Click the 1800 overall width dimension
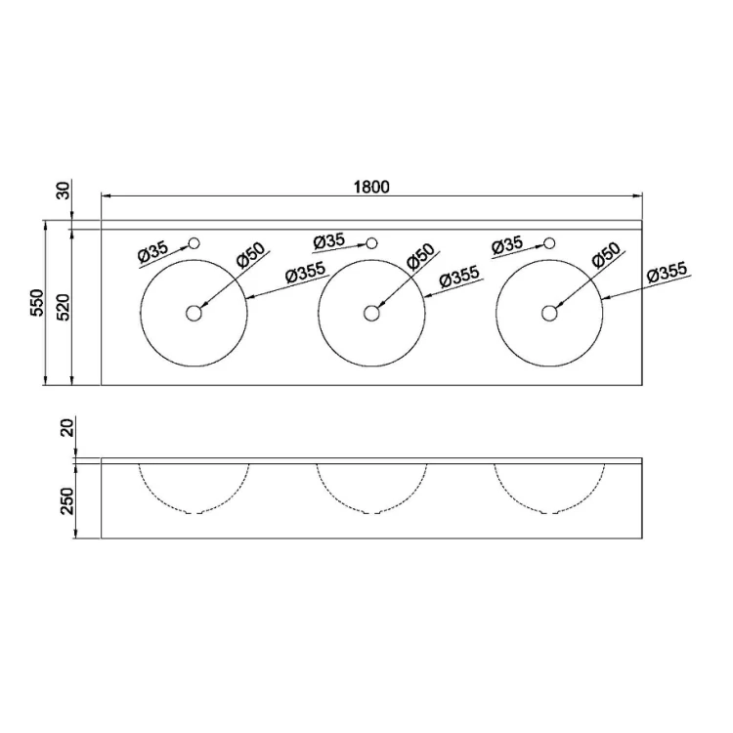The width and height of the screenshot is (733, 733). [371, 187]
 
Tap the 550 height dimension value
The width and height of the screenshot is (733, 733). [37, 302]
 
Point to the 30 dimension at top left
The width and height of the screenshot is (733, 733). [64, 191]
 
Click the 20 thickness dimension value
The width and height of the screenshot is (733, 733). [67, 428]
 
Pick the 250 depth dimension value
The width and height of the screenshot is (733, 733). [67, 500]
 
